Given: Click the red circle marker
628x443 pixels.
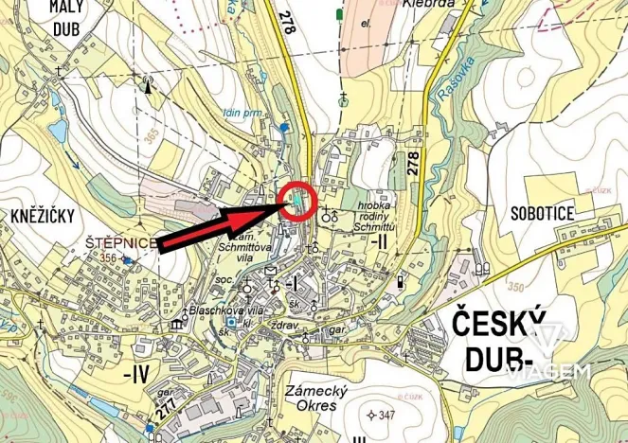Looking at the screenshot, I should (x=299, y=202).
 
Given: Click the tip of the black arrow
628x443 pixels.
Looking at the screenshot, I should (x=284, y=203).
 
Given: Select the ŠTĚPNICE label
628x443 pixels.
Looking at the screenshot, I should (x=117, y=243).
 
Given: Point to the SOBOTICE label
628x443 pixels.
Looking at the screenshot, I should (x=541, y=214).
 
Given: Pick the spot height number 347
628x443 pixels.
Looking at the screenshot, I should (x=386, y=415).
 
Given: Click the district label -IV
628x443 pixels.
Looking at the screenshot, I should (x=136, y=373).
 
